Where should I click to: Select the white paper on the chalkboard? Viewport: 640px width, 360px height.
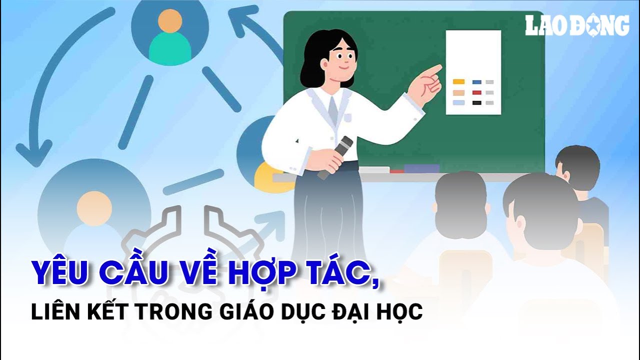tap(473, 72)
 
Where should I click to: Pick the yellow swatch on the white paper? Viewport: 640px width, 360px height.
tap(458, 81)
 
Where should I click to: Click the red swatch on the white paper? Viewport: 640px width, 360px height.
tap(476, 92)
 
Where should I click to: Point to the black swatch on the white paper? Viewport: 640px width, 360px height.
tap(476, 103)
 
